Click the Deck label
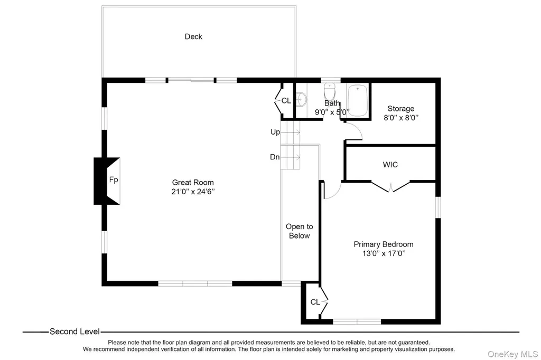(x=193, y=36)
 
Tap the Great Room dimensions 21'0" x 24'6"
(x=193, y=192)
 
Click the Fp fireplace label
(x=114, y=179)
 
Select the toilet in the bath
(x=330, y=91)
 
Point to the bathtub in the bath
(x=357, y=100)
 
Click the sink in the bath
(x=301, y=100)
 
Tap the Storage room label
(x=401, y=109)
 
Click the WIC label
(x=390, y=165)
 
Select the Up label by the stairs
(x=275, y=132)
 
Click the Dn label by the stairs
(x=275, y=157)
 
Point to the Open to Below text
(x=299, y=231)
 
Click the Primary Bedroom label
(x=384, y=244)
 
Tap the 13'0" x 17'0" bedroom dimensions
(x=384, y=253)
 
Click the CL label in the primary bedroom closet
(x=315, y=302)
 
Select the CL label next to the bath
(x=286, y=101)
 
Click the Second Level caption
(x=74, y=331)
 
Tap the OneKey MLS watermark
(x=512, y=354)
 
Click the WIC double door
(x=390, y=186)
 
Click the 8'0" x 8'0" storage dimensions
(x=401, y=118)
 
